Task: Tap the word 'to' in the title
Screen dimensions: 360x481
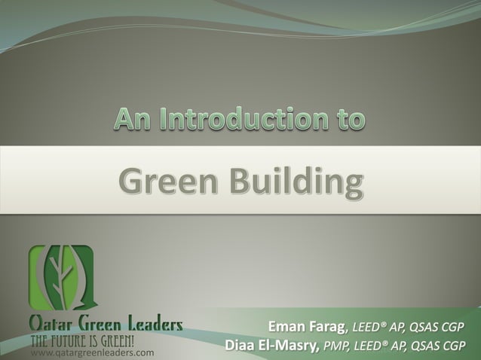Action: (x=347, y=121)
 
